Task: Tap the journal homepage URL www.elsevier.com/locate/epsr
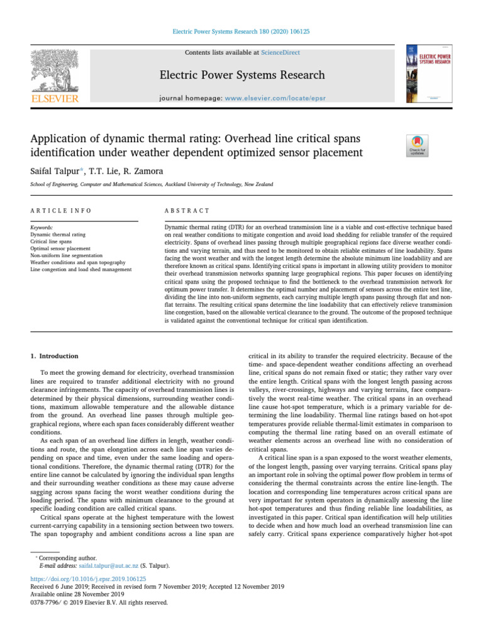[x=271, y=99]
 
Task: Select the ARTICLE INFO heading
[x=60, y=210]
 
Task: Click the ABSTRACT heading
[x=187, y=210]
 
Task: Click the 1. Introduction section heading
[x=55, y=356]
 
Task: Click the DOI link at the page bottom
[x=88, y=579]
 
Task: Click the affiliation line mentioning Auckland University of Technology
[x=152, y=185]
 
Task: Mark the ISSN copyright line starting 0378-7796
[x=99, y=601]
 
